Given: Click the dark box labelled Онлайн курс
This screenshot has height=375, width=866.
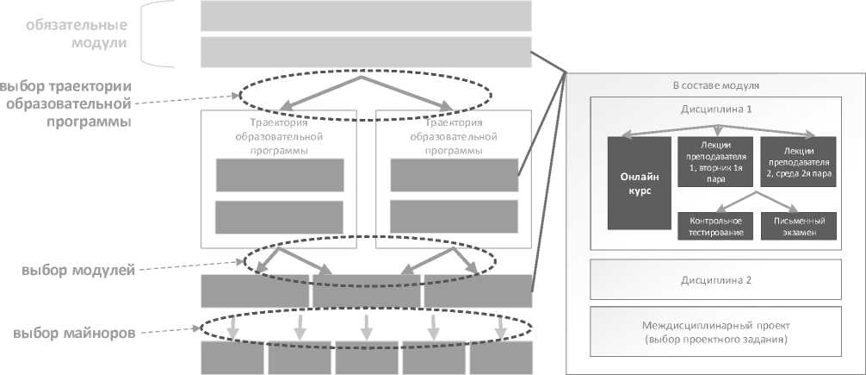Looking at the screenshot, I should [639, 183].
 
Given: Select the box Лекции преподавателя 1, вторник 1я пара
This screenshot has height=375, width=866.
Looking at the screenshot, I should [715, 161].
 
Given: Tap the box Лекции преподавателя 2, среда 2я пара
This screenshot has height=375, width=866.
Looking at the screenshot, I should [798, 161].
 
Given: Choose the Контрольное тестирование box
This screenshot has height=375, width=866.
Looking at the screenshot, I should [715, 227].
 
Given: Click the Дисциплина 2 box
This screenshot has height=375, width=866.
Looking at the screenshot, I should [714, 280].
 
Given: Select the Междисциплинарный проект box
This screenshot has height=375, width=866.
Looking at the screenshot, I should [714, 332].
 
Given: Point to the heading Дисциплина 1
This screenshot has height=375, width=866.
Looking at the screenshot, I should [714, 109].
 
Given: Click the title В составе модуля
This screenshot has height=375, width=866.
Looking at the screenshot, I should [714, 86].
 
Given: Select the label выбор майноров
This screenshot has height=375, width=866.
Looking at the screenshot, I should [72, 333].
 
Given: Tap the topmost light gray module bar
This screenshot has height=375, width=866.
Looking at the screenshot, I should [366, 16].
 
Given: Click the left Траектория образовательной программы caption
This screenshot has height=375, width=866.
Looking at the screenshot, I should [278, 136].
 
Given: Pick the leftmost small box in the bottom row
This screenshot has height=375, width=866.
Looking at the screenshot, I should [232, 357].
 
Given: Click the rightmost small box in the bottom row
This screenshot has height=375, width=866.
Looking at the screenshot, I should [500, 357].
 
